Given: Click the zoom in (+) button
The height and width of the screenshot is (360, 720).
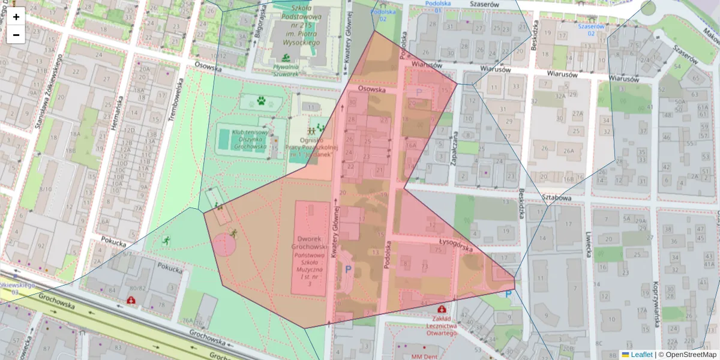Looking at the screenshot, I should [16, 17].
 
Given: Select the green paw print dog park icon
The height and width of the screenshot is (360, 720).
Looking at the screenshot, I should [261, 101].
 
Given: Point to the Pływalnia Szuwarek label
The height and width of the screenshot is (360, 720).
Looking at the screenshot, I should [286, 70].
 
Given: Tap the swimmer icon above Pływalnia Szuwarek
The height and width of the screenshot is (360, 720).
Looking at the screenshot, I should [286, 58].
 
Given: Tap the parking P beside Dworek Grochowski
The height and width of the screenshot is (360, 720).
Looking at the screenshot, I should [349, 270].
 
